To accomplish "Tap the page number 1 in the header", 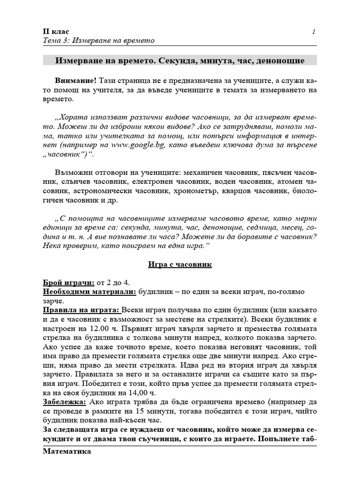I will coord(313,31).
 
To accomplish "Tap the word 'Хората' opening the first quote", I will coord(72,116).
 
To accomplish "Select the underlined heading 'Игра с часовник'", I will coord(180,265).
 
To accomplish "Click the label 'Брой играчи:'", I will coord(68,282).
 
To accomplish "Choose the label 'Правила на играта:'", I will coord(81,310).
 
